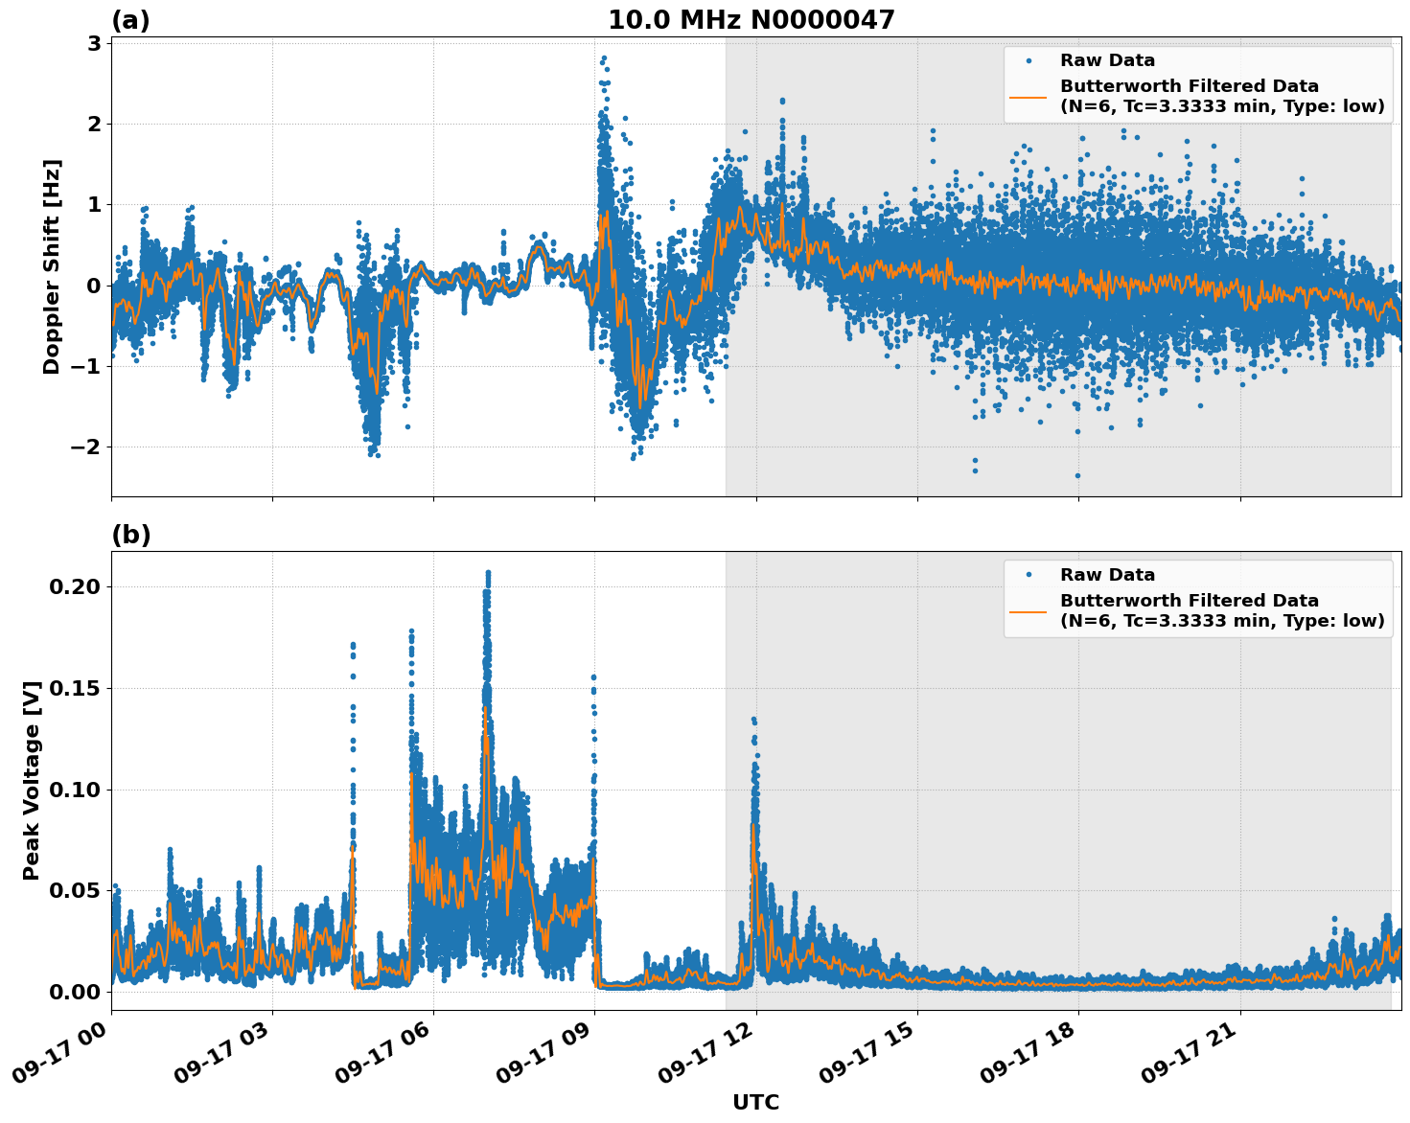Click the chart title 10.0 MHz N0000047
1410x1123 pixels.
(x=751, y=20)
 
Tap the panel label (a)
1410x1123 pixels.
(x=130, y=20)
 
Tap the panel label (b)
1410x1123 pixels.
(x=130, y=535)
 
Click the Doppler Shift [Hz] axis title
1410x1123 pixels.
(x=52, y=266)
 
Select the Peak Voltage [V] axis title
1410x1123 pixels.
(x=32, y=780)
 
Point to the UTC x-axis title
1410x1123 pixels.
(x=755, y=1102)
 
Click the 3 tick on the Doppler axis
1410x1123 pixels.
(x=94, y=43)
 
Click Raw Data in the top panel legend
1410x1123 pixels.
(x=1107, y=60)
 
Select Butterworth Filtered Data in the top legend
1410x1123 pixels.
(x=1189, y=86)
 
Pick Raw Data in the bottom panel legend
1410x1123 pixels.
(x=1107, y=575)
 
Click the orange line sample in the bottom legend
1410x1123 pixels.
(x=1028, y=610)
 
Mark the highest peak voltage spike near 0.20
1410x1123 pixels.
(x=487, y=573)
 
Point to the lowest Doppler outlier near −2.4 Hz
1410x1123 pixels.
(x=1077, y=475)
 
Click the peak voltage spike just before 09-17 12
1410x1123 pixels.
(x=753, y=720)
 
